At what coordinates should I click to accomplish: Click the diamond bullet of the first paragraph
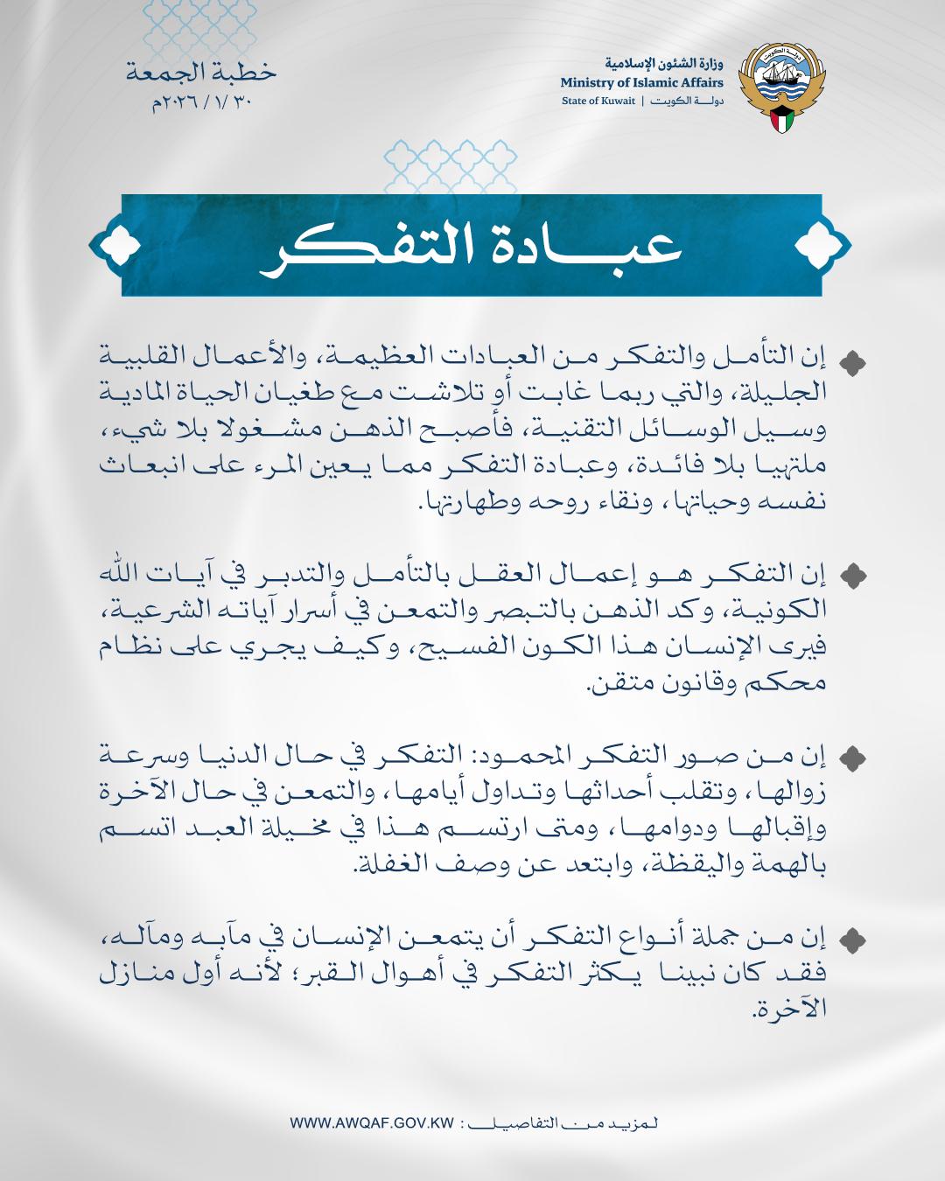tap(852, 361)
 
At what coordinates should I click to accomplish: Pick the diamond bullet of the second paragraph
tap(852, 575)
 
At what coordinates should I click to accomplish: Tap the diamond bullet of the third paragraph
tap(852, 755)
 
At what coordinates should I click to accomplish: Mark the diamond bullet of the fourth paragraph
tap(852, 940)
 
